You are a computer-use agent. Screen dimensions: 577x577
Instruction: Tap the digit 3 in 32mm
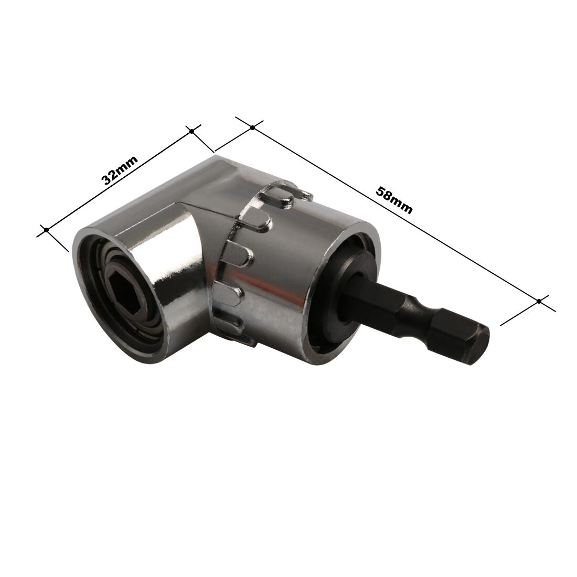click(106, 178)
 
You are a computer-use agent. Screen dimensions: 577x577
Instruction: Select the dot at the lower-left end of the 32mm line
click(47, 229)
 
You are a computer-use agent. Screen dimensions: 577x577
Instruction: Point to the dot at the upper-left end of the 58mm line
click(252, 127)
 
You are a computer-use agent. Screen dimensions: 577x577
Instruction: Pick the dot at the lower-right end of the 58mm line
click(539, 301)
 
